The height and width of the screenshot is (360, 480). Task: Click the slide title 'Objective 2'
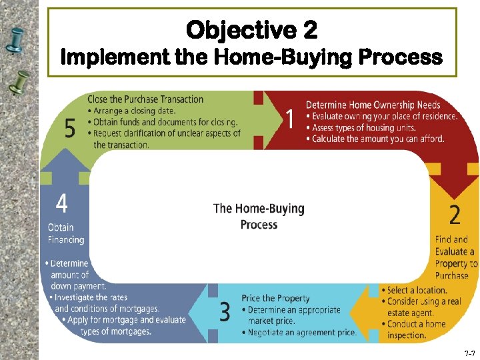tap(252, 30)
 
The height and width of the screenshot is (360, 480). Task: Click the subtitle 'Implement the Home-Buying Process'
tap(251, 57)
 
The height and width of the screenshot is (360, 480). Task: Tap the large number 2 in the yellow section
tap(454, 215)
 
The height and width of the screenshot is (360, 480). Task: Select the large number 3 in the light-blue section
tap(225, 311)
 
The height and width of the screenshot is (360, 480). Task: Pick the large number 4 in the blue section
tap(61, 203)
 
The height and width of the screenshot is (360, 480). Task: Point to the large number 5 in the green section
tap(70, 128)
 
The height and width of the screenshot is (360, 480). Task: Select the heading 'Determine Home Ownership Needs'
tap(373, 105)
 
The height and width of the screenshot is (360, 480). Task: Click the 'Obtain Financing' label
tap(65, 233)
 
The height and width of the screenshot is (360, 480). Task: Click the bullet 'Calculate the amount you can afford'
tap(377, 139)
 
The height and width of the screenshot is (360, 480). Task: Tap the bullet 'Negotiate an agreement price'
tap(301, 332)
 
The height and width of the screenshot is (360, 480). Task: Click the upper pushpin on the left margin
tap(17, 40)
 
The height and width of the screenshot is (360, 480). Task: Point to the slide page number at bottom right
tap(469, 351)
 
